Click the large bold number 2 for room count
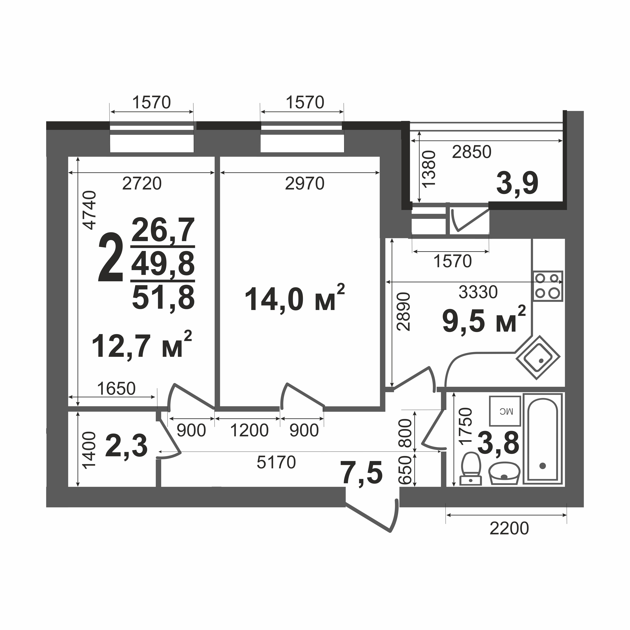(111, 258)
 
